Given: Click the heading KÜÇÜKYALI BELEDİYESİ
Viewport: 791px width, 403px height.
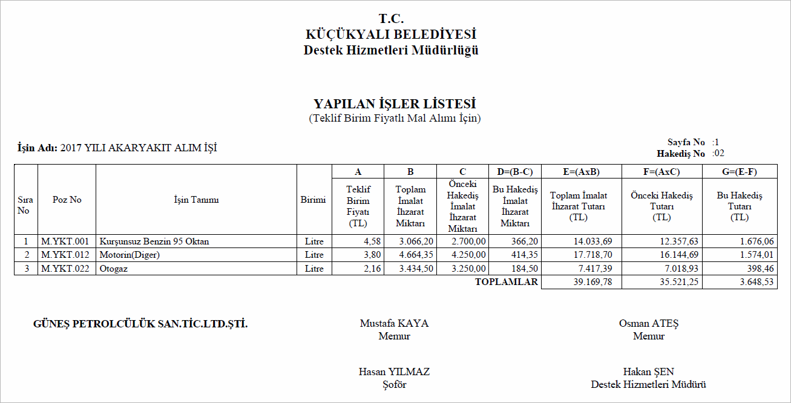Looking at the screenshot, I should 391,34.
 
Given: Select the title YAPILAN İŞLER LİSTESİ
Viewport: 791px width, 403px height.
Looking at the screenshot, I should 395,104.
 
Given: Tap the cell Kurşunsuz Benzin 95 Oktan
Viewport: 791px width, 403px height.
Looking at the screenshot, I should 154,241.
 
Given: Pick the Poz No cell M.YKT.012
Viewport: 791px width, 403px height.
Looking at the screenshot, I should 65,255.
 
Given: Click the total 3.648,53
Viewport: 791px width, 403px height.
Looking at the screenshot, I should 752,283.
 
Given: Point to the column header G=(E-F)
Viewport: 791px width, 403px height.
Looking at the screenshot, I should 739,172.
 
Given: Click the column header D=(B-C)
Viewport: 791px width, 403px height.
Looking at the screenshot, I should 514,172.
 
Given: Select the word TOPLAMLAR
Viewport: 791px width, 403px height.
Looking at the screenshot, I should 507,282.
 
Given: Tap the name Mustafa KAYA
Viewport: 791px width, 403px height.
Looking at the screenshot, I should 394,323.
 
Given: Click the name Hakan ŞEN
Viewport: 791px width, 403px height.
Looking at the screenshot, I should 648,372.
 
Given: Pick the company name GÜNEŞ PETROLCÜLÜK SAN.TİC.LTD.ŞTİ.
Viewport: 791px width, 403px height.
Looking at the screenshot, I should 140,324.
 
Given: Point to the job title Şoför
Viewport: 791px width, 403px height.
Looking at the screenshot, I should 394,384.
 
